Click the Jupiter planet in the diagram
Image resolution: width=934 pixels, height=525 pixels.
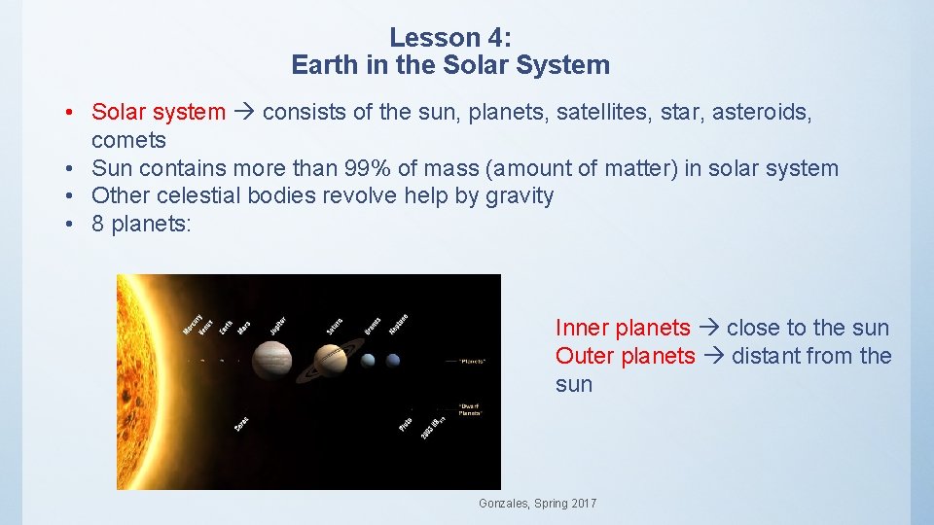[271, 361]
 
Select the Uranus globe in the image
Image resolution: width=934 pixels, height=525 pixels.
[369, 361]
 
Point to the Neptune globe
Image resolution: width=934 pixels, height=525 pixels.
[393, 361]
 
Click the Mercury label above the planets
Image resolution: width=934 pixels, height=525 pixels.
[193, 324]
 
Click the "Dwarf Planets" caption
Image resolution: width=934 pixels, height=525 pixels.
[470, 409]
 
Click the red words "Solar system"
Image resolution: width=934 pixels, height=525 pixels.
[158, 112]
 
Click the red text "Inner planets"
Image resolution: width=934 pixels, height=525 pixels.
[623, 328]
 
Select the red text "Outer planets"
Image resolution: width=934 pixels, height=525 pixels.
[626, 356]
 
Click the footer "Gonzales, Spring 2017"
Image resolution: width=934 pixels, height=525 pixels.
[537, 503]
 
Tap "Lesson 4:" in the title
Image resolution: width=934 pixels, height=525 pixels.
[449, 37]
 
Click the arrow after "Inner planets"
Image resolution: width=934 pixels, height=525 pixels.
[708, 328]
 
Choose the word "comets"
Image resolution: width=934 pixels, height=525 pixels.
[128, 140]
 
